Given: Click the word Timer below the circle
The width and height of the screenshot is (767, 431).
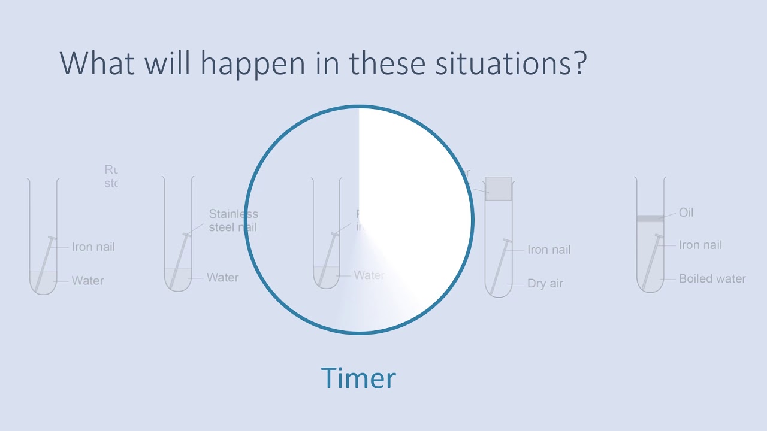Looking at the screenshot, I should [x=358, y=378].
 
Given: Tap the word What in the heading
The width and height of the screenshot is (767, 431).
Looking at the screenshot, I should [x=98, y=63].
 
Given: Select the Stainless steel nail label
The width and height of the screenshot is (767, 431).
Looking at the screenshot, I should [x=233, y=220].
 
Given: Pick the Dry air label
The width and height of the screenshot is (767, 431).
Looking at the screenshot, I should [x=545, y=284].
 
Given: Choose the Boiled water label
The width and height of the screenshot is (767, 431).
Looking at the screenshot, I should [x=712, y=278].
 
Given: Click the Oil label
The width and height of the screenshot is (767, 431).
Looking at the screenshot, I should [x=686, y=213].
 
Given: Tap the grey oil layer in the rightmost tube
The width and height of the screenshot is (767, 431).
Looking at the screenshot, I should [x=650, y=218].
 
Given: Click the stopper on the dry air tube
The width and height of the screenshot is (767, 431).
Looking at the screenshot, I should [x=499, y=189].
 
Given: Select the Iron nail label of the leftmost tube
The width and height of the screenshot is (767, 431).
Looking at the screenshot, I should [x=93, y=247].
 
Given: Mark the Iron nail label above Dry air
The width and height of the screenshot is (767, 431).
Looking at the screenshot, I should [x=549, y=250].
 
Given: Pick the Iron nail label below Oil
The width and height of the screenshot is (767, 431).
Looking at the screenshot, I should [x=700, y=245].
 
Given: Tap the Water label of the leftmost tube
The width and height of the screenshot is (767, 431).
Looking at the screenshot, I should [x=87, y=281].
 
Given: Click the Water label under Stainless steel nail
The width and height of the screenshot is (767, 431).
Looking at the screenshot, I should [x=222, y=278].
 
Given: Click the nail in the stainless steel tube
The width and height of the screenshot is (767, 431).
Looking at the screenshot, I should [x=179, y=260].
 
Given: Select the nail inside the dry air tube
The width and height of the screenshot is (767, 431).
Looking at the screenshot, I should [x=500, y=266].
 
